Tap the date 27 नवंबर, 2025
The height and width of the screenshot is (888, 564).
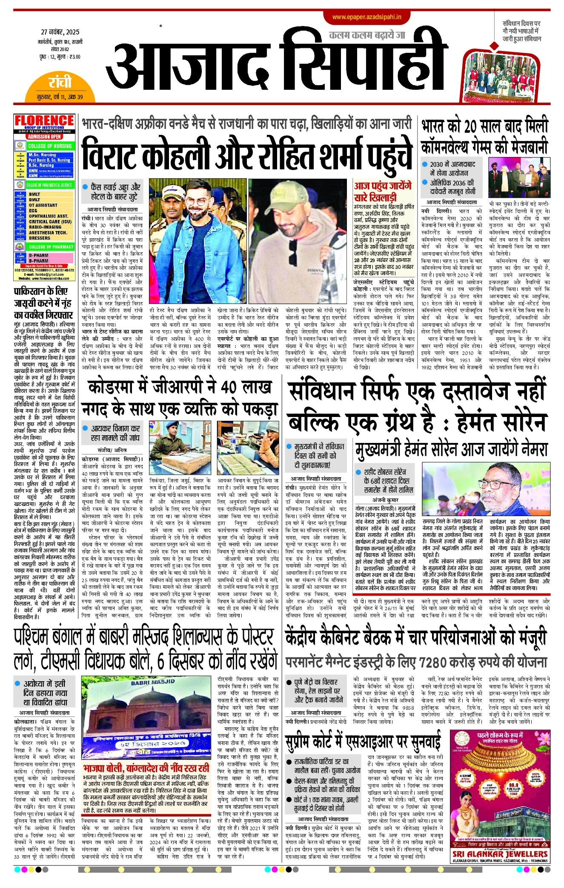[60, 32]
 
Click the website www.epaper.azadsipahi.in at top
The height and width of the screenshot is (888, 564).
[366, 17]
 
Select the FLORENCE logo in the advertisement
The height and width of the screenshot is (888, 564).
[44, 121]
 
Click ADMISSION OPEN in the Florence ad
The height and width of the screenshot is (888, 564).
[44, 137]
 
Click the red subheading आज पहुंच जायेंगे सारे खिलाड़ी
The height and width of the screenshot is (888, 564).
[383, 191]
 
